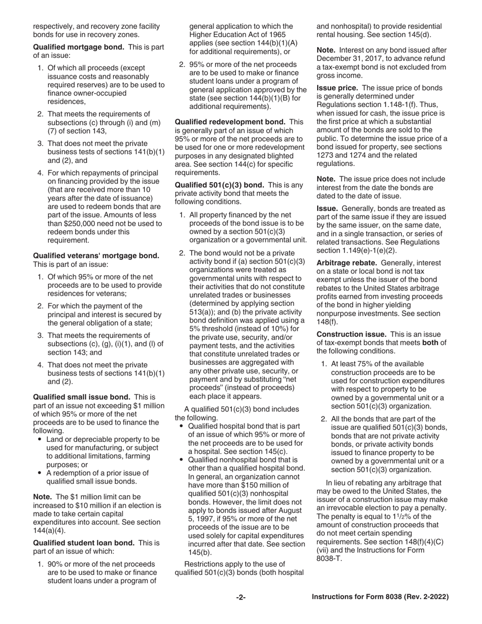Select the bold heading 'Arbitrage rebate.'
pos(347,263)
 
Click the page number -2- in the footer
pos(240,598)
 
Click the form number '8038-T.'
pos(330,559)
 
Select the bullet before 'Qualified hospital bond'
pos(182,426)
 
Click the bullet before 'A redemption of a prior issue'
pos(40,473)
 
